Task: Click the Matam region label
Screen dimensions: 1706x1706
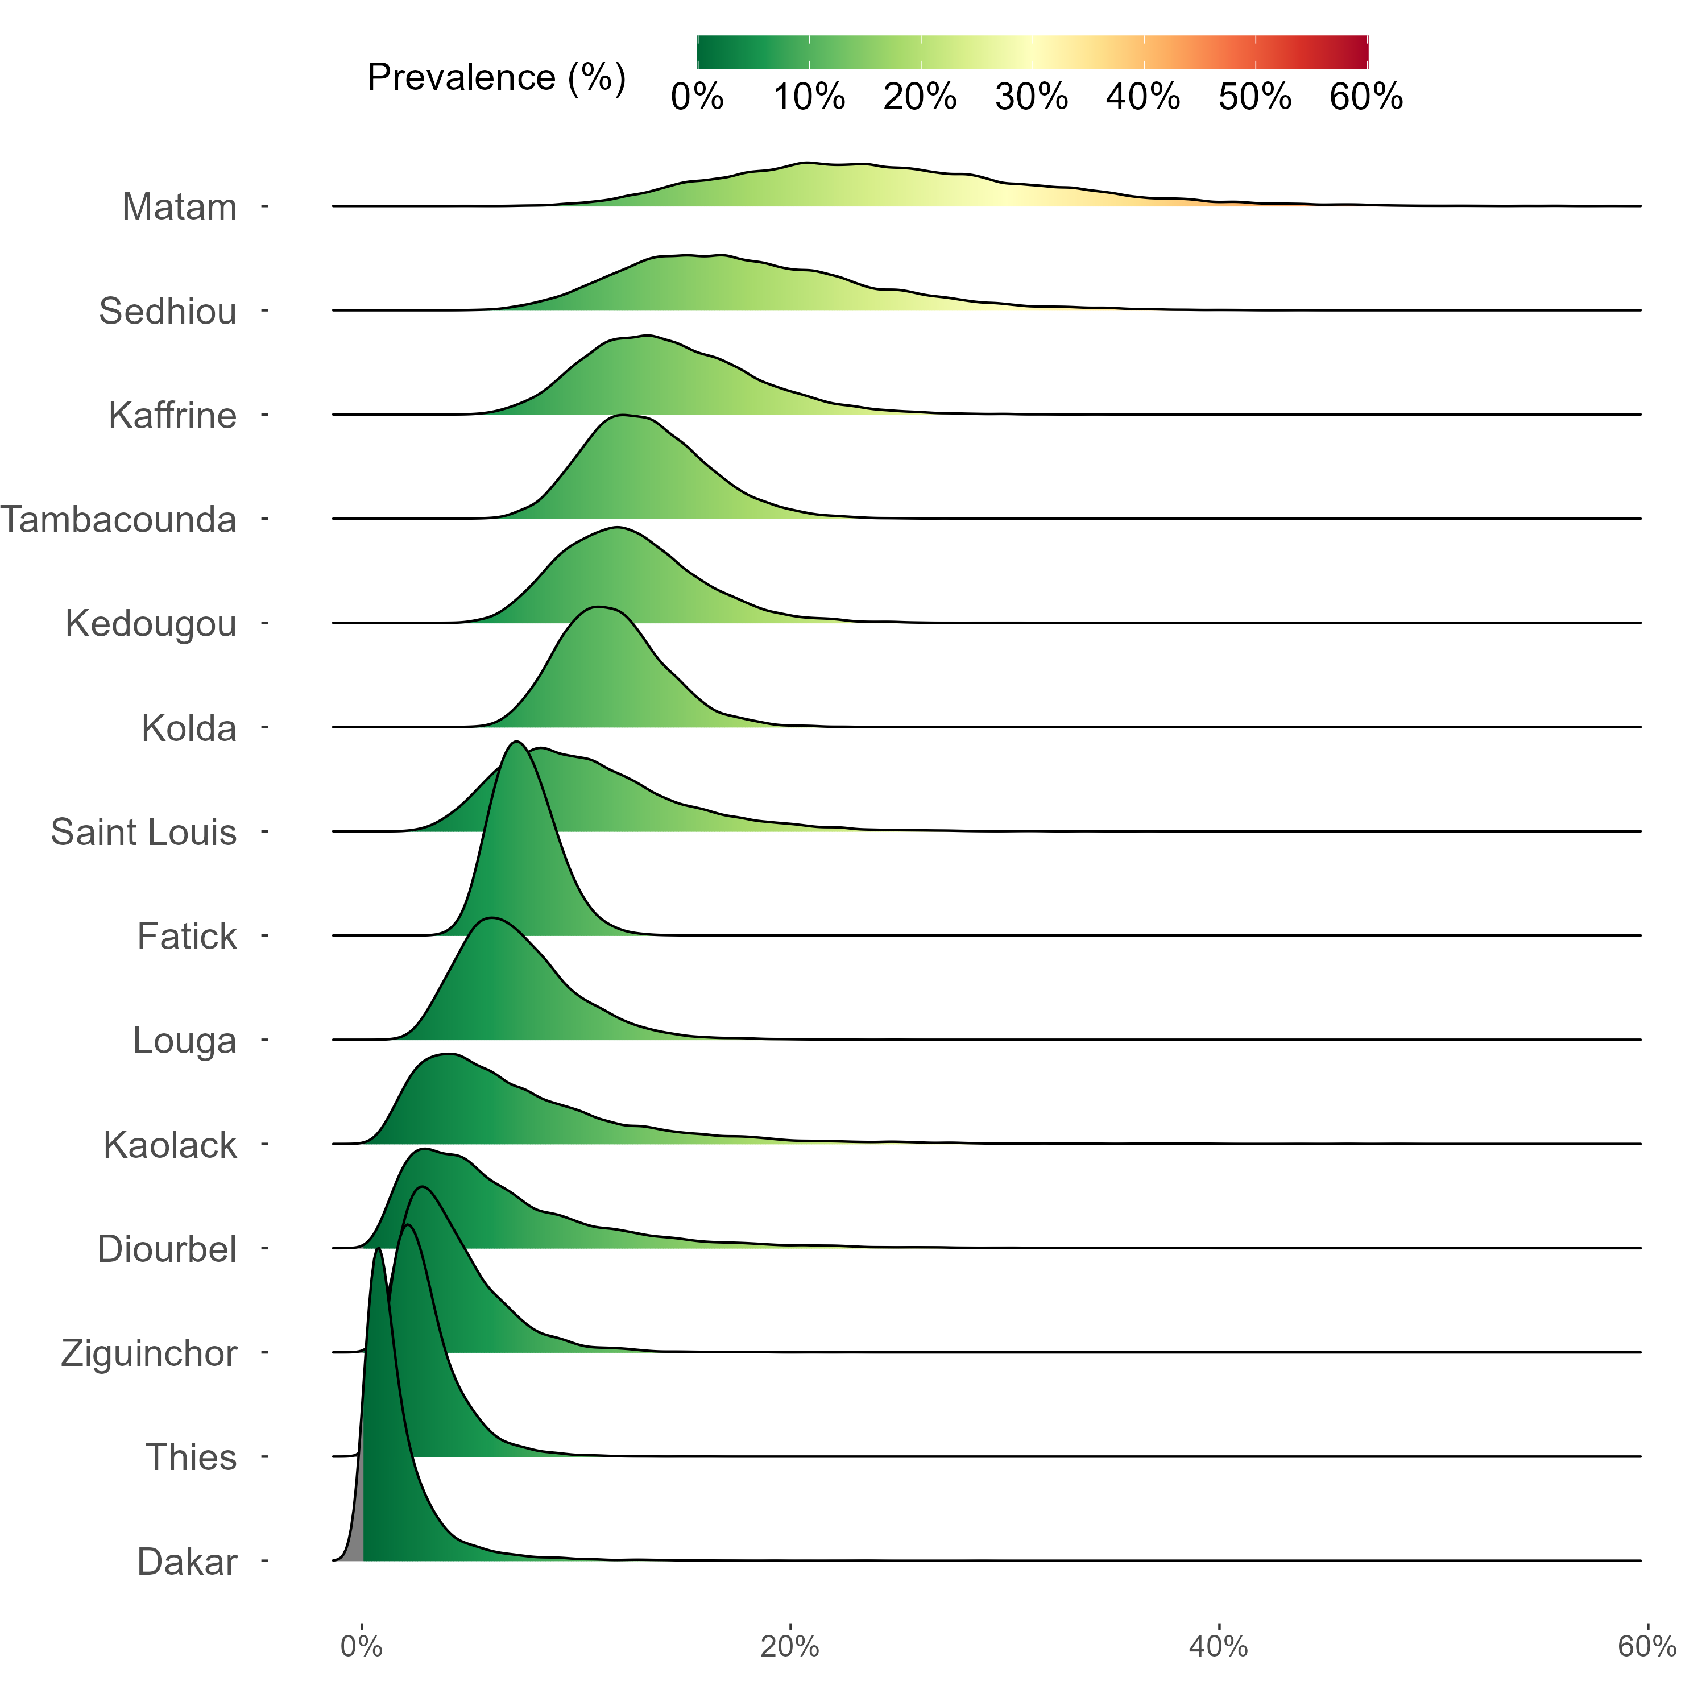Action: (179, 208)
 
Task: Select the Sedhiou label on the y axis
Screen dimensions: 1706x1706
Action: (168, 312)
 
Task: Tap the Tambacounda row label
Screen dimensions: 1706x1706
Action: (118, 520)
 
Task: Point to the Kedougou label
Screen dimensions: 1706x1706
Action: (151, 624)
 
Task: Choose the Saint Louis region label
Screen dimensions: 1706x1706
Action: (144, 833)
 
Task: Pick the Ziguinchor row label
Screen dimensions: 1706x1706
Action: (149, 1353)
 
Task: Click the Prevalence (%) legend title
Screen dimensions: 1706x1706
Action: (496, 78)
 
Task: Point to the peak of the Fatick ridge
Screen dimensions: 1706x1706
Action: (516, 743)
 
